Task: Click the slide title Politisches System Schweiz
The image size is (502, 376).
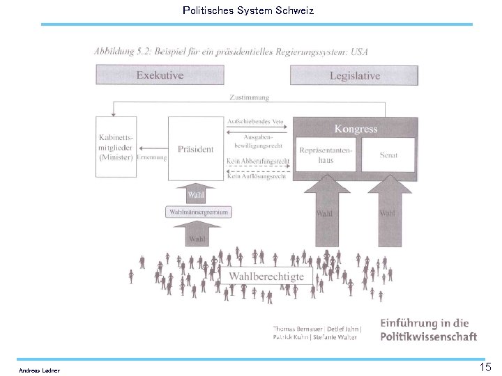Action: pos(248,10)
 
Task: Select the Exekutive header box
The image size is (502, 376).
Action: pos(160,75)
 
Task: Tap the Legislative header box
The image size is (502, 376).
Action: pos(354,75)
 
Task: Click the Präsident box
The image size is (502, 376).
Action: pos(195,148)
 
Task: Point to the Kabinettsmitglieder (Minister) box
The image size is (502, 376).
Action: pos(115,148)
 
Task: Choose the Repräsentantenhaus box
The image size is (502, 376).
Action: pos(326,155)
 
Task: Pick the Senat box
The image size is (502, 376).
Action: pos(389,155)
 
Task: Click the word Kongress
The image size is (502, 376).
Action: pos(356,129)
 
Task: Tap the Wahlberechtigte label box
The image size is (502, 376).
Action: pos(266,276)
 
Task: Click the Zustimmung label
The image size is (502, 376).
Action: pos(248,97)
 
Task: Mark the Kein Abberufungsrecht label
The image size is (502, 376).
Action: pos(258,162)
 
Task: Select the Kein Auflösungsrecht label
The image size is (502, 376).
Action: pos(257,176)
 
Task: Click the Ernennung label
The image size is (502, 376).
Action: pos(152,157)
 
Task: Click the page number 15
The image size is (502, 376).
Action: pos(485,367)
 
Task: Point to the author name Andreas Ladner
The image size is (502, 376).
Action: pos(39,370)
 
